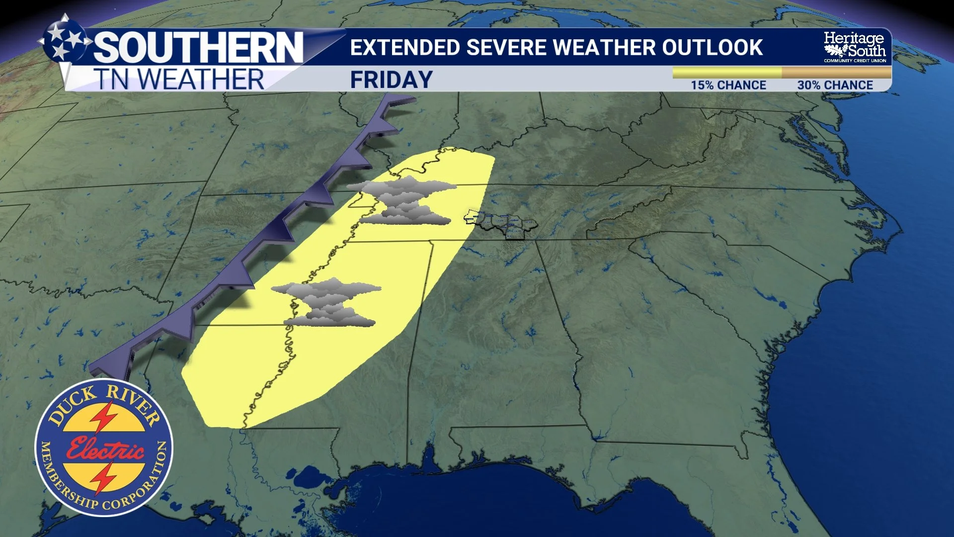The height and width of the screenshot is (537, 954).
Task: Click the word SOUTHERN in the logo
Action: coord(198,48)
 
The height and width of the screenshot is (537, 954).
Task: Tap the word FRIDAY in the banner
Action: coord(391,80)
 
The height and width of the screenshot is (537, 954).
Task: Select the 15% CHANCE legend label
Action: coord(728,85)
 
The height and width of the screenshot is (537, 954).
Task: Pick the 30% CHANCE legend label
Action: coord(835,85)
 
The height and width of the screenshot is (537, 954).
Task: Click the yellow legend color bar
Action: coord(726,73)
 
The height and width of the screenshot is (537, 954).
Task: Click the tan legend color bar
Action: coord(836,73)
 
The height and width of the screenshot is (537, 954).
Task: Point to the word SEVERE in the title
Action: coord(506,48)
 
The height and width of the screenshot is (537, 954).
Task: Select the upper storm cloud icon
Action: coord(402,200)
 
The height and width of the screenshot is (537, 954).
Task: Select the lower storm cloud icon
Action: coord(327,302)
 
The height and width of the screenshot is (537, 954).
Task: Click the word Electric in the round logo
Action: coord(105,449)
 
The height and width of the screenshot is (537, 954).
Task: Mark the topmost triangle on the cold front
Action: coord(397,101)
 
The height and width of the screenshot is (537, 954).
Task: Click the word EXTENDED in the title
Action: coord(404,48)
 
